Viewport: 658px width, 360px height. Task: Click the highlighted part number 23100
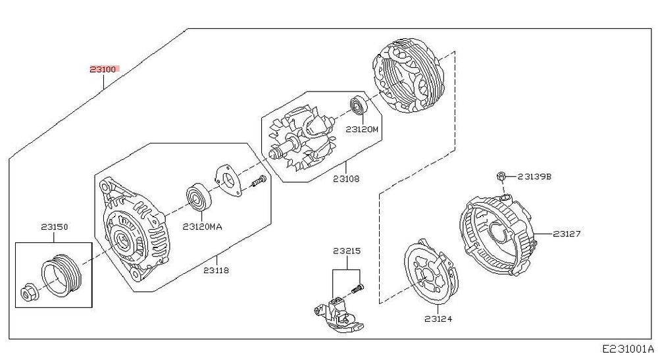(103, 69)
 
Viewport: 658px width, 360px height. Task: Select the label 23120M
(362, 129)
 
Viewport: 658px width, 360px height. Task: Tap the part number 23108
(346, 179)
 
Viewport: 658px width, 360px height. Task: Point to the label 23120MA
(202, 227)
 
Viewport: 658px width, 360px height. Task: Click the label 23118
(216, 270)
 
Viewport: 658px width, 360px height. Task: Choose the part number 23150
(55, 227)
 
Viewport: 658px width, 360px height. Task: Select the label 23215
(347, 251)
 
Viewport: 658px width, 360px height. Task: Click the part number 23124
(438, 319)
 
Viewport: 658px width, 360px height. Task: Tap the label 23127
(567, 234)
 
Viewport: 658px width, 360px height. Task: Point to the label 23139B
(534, 176)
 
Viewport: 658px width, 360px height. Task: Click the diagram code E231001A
(628, 349)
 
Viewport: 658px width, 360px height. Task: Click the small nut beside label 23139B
(500, 176)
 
